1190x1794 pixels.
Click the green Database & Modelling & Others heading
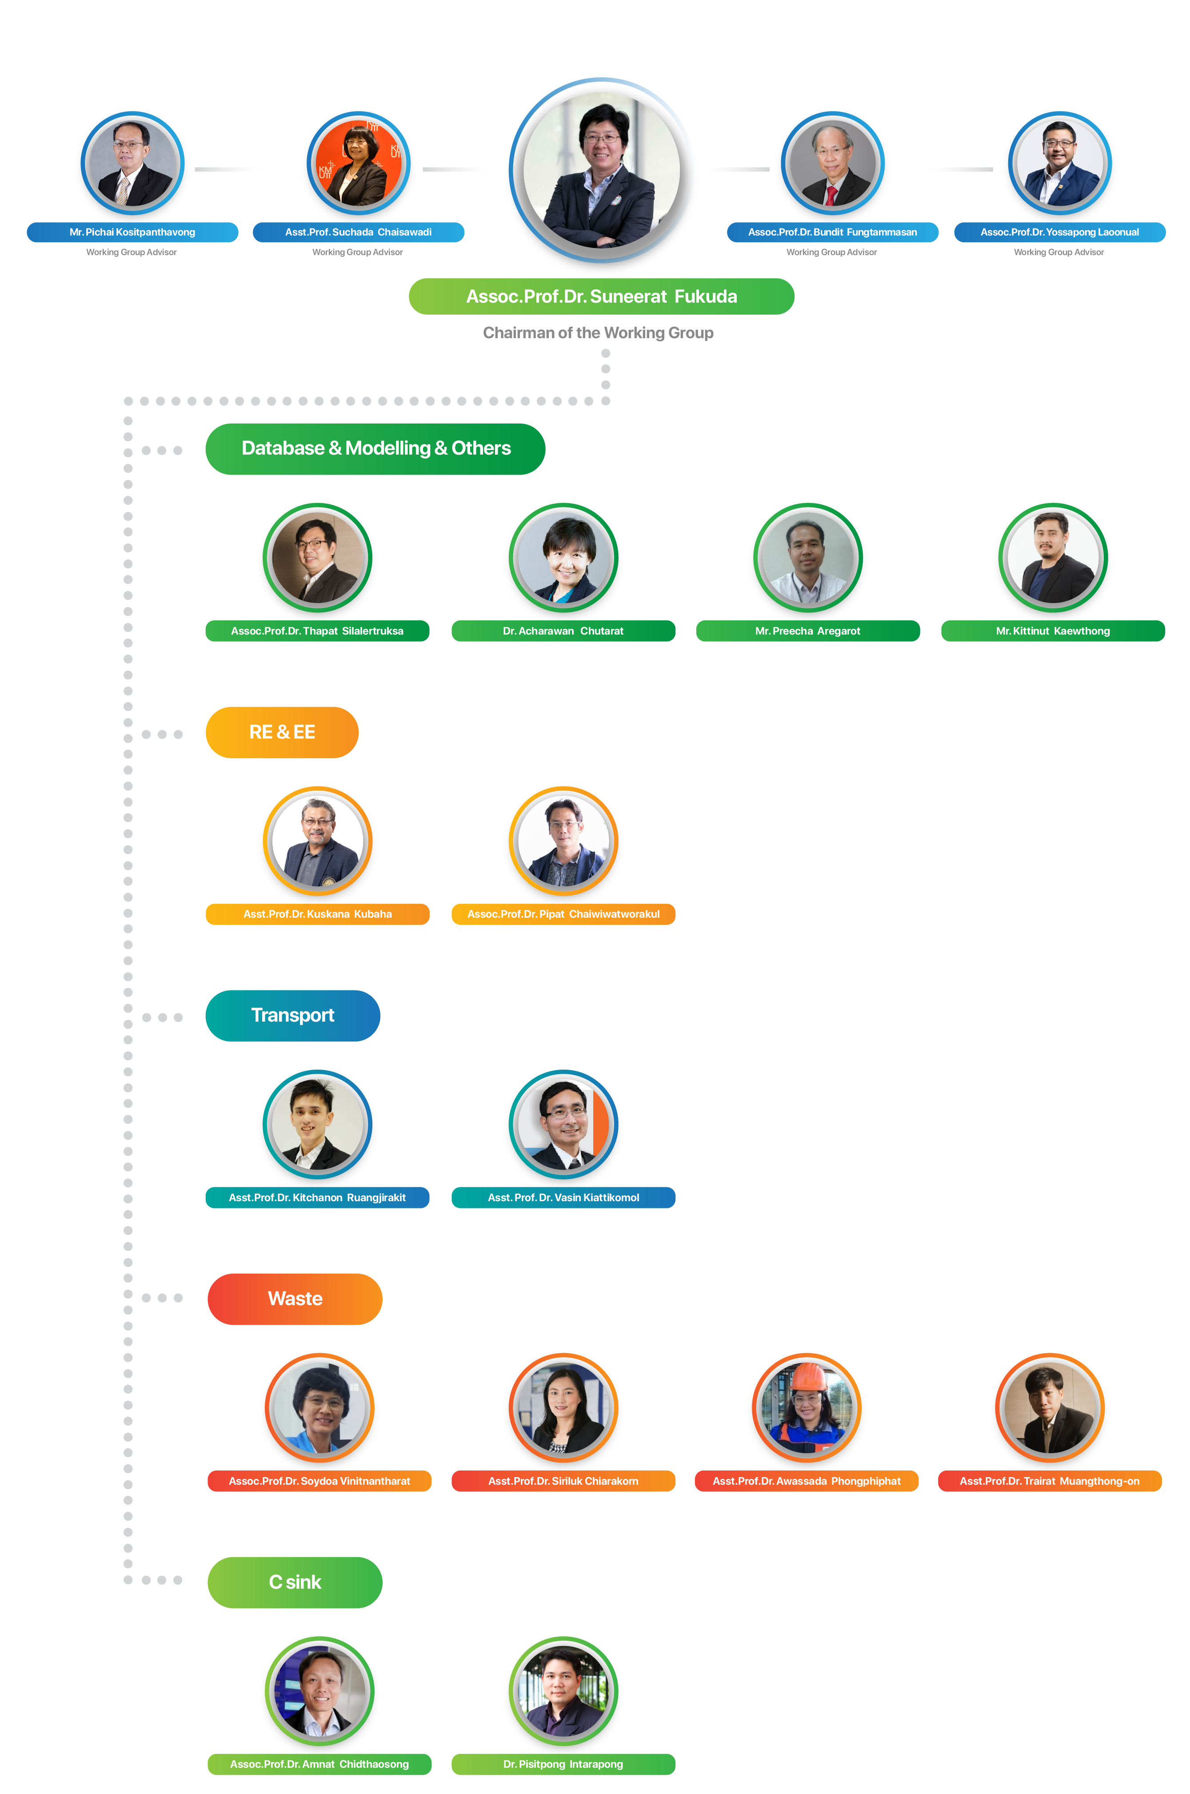tap(375, 448)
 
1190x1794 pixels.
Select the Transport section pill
tap(292, 1015)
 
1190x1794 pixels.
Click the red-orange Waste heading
tap(295, 1299)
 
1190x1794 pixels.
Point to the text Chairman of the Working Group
tap(598, 332)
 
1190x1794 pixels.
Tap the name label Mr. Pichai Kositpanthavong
tap(132, 232)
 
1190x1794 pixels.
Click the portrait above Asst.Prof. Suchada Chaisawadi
tap(358, 165)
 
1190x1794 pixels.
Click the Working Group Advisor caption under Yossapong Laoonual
tap(1059, 252)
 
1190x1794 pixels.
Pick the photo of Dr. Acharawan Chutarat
tap(563, 559)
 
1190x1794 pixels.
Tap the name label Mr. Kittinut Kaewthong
tap(1053, 631)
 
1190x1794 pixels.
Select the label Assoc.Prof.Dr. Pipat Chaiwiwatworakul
tap(563, 914)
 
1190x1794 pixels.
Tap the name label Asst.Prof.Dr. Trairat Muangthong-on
tap(1050, 1481)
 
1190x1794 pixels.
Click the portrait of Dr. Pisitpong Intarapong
tap(563, 1691)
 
